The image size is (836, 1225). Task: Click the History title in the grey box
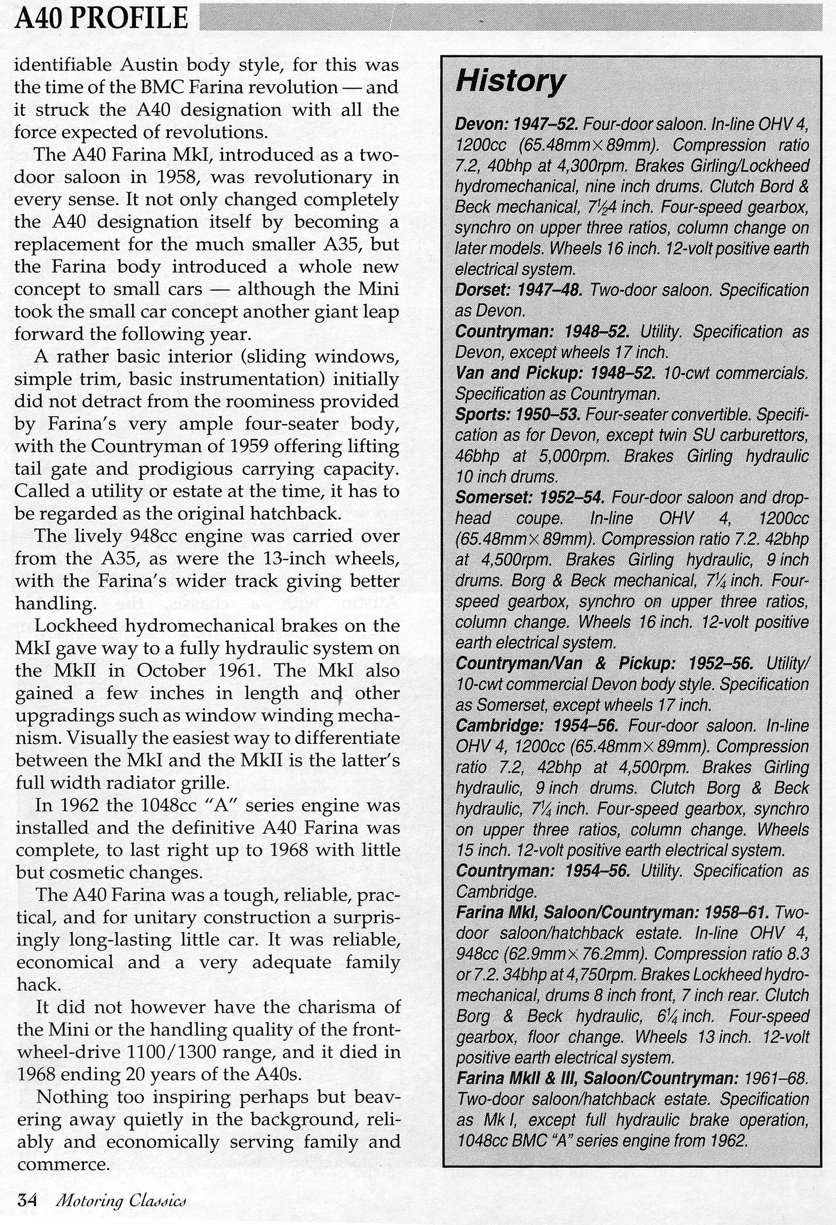pos(510,82)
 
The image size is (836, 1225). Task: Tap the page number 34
pos(27,1201)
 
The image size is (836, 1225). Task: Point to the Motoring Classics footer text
pos(121,1201)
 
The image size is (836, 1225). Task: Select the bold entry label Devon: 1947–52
pos(517,125)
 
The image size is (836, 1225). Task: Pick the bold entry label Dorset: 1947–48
pos(518,291)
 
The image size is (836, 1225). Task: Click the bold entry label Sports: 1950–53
pos(518,415)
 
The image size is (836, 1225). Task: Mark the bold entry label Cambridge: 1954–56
pos(537,726)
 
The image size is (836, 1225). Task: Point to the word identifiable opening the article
pos(63,65)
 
